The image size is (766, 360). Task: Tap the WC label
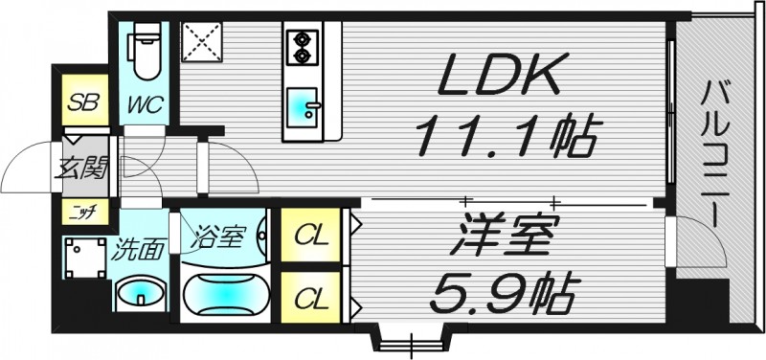coord(146,102)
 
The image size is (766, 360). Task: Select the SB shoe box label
coord(80,102)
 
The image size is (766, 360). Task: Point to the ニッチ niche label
coord(80,212)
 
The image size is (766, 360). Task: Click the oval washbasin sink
coord(140,291)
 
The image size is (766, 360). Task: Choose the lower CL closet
coord(308,298)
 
